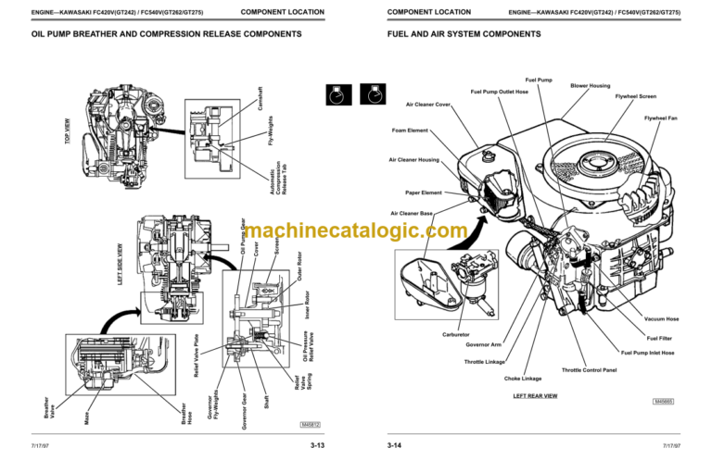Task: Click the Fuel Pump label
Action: click(538, 80)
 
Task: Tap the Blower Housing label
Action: click(590, 86)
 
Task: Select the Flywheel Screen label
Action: click(636, 96)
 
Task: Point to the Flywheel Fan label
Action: click(660, 118)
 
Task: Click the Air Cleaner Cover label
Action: click(428, 105)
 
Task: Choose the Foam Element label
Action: click(410, 130)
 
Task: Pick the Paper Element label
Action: click(424, 193)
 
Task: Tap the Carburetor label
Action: click(457, 334)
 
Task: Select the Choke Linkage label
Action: click(523, 379)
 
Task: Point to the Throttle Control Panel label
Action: click(590, 369)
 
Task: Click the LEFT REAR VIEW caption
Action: click(535, 395)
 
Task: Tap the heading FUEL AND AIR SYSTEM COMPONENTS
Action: click(464, 33)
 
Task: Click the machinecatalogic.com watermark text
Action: click(356, 231)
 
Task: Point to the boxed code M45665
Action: click(663, 402)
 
